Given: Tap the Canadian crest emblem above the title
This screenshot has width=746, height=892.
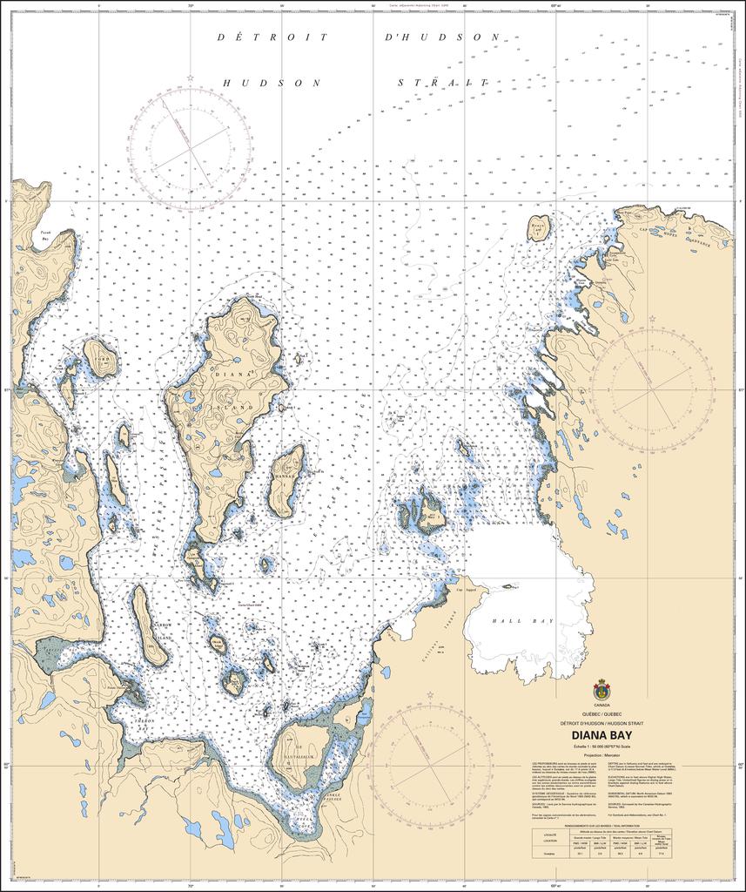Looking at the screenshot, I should pos(602,689).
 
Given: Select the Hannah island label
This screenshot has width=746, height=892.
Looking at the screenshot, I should pos(288,479).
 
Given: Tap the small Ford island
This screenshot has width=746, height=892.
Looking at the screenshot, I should pos(102,357).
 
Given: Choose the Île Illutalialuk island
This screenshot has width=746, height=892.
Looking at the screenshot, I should pos(301,756).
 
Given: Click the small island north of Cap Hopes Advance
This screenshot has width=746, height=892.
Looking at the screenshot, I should pos(539,228).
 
